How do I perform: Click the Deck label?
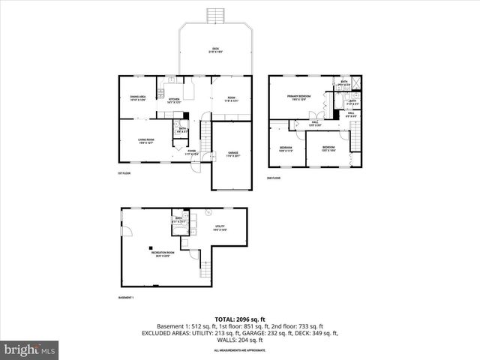pos(215,51)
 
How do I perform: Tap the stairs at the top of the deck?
pos(215,15)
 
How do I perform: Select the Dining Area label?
pos(136,98)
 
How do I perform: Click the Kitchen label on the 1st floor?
pos(174,100)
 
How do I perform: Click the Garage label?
pos(233,154)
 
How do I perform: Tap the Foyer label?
pos(192,153)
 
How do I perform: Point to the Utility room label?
pos(220,228)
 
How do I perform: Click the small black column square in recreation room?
pos(150,249)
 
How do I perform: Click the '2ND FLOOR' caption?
pos(274,178)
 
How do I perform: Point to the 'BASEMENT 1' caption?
pos(127,298)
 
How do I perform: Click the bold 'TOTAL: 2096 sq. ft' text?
pos(239,319)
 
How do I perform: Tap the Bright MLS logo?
pos(30,349)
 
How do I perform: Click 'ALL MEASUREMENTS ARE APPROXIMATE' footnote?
pos(239,350)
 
